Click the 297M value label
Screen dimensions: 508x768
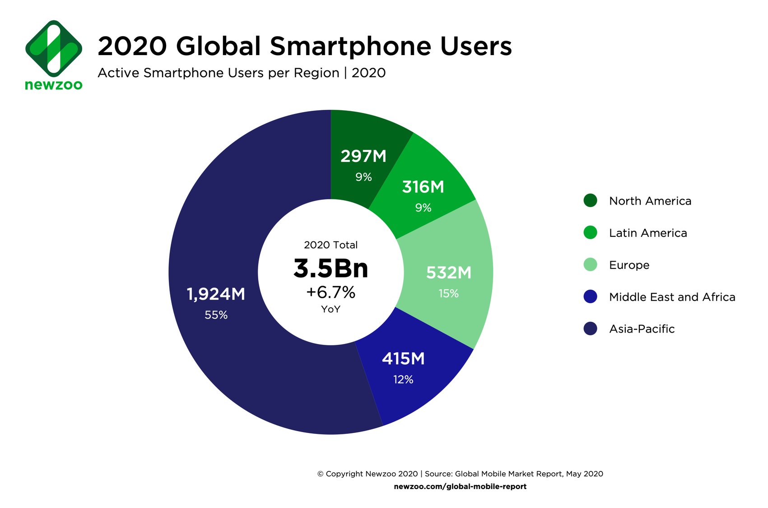[363, 156]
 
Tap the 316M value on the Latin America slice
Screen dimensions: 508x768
[423, 187]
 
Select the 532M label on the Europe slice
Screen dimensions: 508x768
[449, 273]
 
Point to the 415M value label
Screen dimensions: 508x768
[403, 359]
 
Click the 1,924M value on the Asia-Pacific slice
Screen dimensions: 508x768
[216, 294]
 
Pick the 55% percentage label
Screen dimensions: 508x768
[216, 315]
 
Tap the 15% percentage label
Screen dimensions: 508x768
[448, 294]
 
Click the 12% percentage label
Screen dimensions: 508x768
[403, 380]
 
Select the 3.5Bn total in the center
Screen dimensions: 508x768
[331, 268]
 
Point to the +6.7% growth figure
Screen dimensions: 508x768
[331, 292]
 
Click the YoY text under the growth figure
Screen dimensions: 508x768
[331, 310]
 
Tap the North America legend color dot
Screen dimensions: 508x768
[590, 200]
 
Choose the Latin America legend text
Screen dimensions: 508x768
[648, 233]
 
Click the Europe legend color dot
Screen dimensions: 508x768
[590, 264]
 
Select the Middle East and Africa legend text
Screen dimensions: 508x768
[672, 297]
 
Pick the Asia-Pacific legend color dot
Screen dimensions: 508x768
[590, 329]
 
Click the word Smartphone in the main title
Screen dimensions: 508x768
[350, 46]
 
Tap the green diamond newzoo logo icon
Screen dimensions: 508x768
[54, 48]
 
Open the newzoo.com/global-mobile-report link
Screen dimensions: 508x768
[460, 487]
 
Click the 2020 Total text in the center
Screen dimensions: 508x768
[331, 245]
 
